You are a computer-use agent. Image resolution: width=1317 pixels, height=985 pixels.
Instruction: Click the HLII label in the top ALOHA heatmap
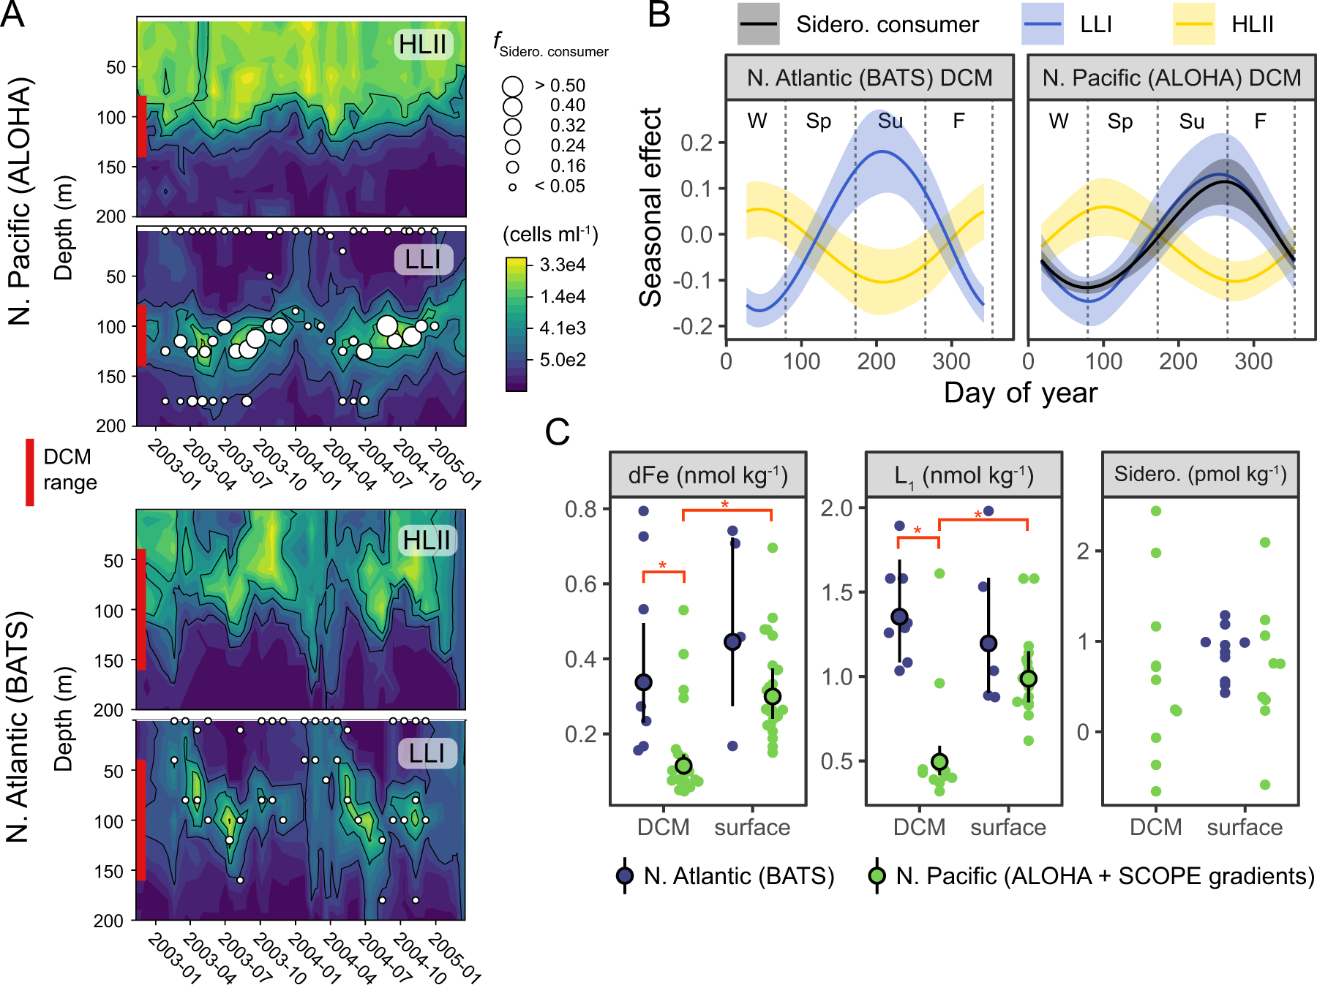[x=422, y=45]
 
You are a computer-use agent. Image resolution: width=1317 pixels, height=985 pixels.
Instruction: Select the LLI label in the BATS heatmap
[x=427, y=753]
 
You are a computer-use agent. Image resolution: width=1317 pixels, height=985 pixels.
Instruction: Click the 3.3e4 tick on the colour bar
[x=562, y=265]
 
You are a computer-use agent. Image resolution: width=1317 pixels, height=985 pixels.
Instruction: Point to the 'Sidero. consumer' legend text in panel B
[x=887, y=25]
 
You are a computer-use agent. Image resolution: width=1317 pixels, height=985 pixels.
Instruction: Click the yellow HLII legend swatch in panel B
[x=1193, y=24]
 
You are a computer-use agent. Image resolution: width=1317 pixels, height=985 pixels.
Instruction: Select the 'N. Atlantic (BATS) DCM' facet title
[x=869, y=78]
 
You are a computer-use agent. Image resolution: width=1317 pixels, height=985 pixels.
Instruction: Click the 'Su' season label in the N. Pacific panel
[x=1191, y=121]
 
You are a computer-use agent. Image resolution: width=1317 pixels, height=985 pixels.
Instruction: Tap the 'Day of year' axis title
[x=1020, y=393]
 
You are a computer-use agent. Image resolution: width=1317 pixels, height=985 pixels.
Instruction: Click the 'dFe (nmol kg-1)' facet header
[x=708, y=475]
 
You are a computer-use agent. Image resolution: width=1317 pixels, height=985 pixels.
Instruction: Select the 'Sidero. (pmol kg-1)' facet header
[x=1200, y=475]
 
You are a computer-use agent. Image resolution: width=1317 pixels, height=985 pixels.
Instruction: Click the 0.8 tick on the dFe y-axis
[x=581, y=509]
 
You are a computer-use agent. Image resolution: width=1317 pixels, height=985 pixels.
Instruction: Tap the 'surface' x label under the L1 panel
[x=1008, y=827]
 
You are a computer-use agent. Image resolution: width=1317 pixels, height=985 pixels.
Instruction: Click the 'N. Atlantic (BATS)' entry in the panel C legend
[x=738, y=876]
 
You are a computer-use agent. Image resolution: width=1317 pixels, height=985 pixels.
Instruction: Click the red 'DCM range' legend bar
[x=30, y=472]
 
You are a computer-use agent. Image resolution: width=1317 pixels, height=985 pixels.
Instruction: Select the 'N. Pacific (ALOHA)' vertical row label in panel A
[x=20, y=201]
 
